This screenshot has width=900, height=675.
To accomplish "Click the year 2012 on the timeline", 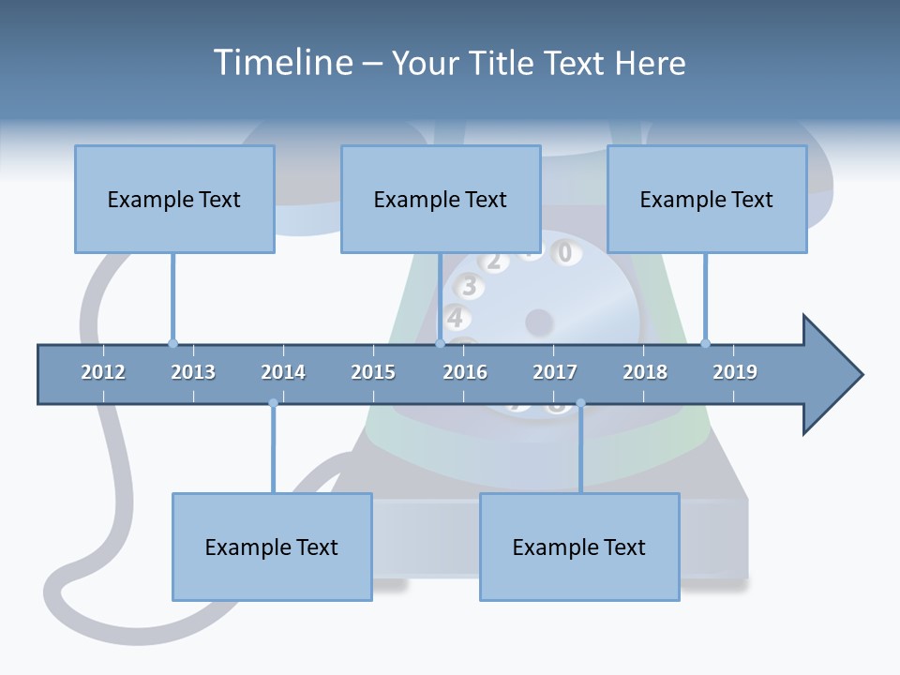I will click(x=103, y=372).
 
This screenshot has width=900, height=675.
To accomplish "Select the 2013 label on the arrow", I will click(x=193, y=372).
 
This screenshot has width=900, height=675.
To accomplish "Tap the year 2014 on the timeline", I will click(x=283, y=372).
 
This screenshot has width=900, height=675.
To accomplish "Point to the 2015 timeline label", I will click(x=373, y=372).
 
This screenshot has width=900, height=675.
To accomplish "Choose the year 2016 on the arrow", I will click(x=465, y=372).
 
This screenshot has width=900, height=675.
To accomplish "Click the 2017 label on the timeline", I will click(x=555, y=372).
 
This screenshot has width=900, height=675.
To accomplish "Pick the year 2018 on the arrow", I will click(x=645, y=372).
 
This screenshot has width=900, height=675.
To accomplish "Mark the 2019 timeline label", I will click(x=735, y=372).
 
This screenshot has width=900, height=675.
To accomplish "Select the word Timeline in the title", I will click(x=281, y=63).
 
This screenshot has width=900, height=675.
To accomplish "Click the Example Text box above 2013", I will click(x=174, y=199).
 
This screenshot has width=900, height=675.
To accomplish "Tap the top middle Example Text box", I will click(x=441, y=199).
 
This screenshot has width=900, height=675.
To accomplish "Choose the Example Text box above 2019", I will click(x=707, y=199).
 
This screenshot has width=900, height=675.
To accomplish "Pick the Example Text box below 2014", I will click(x=272, y=547).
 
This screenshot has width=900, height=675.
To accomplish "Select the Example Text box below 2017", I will click(x=579, y=547).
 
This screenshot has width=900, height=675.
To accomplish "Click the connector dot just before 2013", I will click(x=172, y=343).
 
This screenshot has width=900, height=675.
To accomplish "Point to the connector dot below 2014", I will click(x=273, y=403).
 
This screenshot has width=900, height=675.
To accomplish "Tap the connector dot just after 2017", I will click(x=580, y=403).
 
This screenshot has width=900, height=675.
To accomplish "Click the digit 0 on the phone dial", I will click(x=564, y=252).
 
